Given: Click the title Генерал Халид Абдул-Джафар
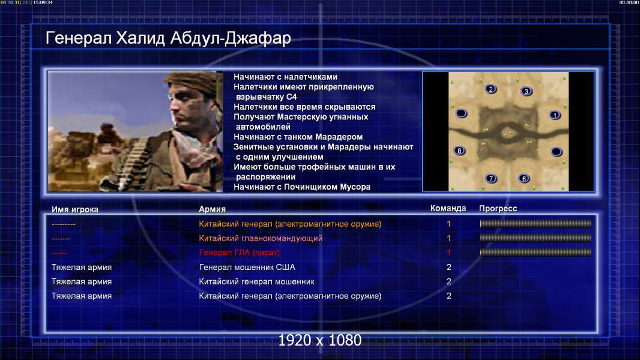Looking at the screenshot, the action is point(168,38).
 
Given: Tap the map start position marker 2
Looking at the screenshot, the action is point(491,89).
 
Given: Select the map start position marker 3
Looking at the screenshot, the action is point(526,91).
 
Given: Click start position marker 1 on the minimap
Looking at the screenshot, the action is point(554,115).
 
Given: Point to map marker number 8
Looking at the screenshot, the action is point(459,151).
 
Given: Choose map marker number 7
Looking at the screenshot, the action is point(491,178).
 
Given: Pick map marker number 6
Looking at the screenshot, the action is point(524,178).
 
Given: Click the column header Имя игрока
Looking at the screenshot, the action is point(74,209).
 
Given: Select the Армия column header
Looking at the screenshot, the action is point(213,209).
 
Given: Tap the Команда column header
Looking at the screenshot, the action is point(448,208).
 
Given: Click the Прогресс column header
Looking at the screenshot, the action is point(498,209).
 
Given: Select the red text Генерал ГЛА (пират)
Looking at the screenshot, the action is point(240,253).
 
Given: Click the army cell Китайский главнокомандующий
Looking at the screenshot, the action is point(261,239).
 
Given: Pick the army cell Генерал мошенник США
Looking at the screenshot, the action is point(247,268).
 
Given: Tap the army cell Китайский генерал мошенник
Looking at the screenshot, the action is point(257,282).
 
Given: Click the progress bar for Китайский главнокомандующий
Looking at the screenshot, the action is point(536,238).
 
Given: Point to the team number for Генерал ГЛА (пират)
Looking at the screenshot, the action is point(448,253).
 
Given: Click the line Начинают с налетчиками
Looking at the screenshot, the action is point(285,77).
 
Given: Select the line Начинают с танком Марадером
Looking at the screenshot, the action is point(298,137).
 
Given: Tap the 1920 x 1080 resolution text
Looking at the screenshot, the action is point(319,340).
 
